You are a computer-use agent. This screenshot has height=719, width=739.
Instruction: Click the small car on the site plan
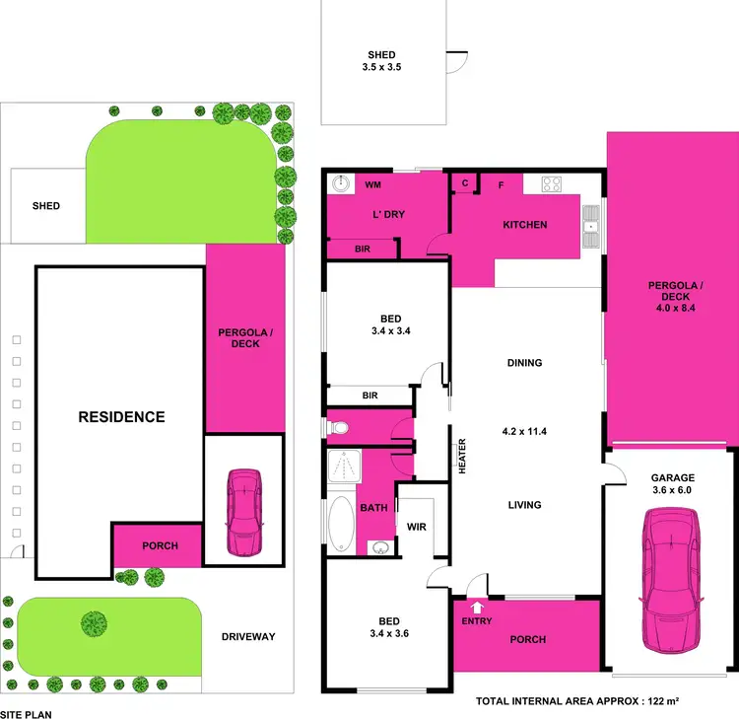click(x=243, y=512)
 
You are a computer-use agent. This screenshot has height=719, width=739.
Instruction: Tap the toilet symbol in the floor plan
click(x=338, y=428)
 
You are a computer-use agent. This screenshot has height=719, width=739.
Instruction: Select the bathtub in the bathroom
click(x=341, y=523)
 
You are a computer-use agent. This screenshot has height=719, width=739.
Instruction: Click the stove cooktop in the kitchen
click(x=550, y=183)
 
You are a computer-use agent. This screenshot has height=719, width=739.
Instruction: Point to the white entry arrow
click(x=478, y=608)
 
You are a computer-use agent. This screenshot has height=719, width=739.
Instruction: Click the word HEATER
click(x=461, y=457)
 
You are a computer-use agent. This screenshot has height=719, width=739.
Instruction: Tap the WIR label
click(x=416, y=527)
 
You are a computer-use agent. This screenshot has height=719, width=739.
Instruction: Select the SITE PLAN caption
click(x=26, y=712)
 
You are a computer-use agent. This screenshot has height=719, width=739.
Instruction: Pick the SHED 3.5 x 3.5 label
click(x=381, y=62)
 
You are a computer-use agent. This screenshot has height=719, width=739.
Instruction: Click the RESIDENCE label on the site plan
click(x=121, y=416)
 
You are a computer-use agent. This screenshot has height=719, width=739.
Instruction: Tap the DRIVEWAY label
click(x=247, y=636)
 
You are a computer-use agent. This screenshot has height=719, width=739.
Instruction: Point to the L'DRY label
click(x=387, y=214)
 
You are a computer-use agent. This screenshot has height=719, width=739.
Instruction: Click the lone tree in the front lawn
click(x=94, y=622)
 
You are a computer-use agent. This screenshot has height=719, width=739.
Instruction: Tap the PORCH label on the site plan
click(x=161, y=545)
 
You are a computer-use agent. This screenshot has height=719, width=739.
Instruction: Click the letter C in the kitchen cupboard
click(x=464, y=183)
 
